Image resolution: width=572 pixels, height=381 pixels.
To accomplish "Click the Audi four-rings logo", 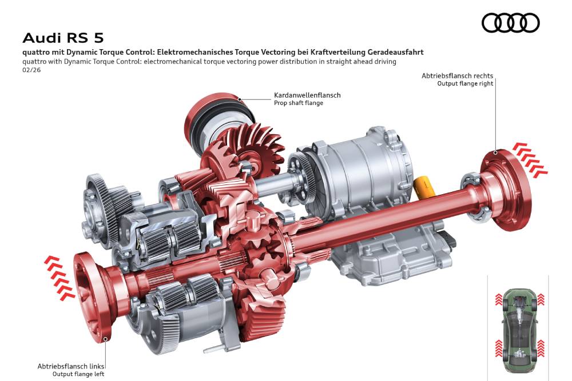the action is coord(510,23).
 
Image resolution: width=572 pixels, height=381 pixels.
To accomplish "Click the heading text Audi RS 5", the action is coord(63,38).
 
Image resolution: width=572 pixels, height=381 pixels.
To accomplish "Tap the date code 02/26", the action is coord(31,70).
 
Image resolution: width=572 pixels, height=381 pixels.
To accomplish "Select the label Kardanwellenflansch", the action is coord(307,95).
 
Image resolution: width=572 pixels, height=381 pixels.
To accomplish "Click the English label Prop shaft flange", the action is coord(299,103).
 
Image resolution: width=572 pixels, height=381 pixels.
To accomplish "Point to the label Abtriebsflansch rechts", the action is coord(457,76).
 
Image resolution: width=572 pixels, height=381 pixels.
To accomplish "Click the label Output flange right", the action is coord(465,84).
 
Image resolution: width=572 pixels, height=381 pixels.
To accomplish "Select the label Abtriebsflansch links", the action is coord(71,366).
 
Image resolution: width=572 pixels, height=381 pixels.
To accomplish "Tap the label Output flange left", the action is coord(78,374).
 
